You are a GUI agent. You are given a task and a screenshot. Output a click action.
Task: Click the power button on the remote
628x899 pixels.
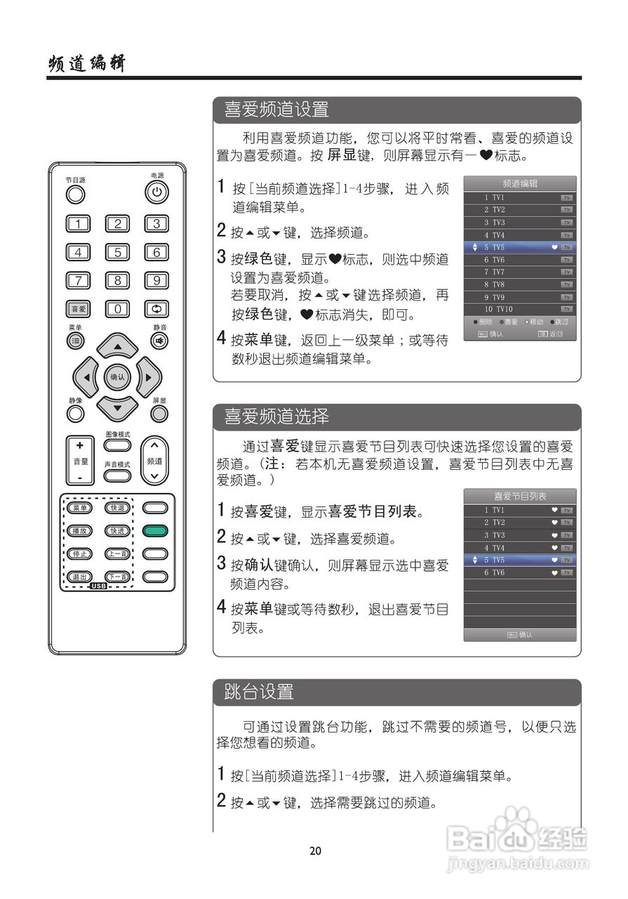point(156,191)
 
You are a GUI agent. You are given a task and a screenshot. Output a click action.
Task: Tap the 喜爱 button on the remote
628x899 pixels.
point(78,308)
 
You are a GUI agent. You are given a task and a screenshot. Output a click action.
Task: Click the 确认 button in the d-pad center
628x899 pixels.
point(117,377)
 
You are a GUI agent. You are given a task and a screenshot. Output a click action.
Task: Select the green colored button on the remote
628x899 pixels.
point(156,530)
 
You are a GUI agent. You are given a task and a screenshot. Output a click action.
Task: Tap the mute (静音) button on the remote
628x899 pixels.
point(159,341)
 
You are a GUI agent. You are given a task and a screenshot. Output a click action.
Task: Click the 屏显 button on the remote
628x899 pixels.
point(159,414)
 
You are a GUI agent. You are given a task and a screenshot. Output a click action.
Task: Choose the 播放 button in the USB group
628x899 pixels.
point(79,530)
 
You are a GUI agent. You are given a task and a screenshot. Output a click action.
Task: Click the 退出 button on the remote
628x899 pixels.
point(79,577)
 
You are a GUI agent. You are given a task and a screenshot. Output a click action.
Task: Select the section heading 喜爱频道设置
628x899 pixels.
point(276,110)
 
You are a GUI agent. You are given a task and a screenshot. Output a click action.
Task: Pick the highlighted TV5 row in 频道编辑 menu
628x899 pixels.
point(520,247)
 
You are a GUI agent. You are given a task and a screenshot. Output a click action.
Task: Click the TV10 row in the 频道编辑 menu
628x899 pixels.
point(520,309)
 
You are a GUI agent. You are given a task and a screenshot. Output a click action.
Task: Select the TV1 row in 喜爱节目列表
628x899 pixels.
point(520,510)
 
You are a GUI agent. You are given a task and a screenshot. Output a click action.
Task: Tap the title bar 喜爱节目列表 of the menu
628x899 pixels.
point(520,496)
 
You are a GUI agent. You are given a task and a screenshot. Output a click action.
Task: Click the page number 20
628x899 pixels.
point(315,851)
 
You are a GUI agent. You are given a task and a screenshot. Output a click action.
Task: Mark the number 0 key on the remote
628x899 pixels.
point(117,308)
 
